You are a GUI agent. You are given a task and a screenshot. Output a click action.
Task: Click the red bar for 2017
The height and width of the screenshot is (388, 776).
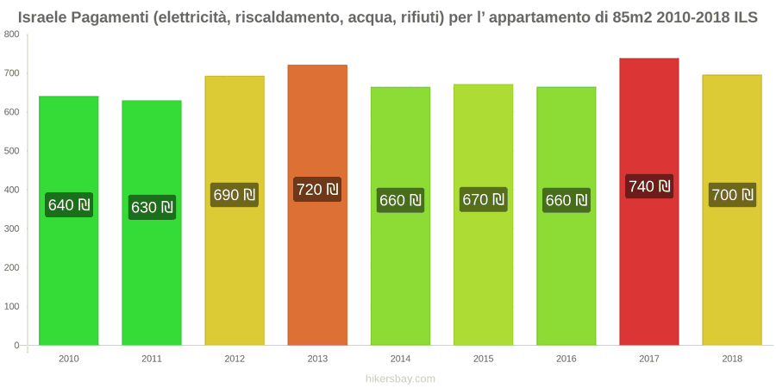click(648, 202)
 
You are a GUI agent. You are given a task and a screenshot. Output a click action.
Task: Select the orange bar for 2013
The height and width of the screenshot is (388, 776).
click(317, 205)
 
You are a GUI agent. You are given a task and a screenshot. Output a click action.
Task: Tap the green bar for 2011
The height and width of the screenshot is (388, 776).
click(152, 222)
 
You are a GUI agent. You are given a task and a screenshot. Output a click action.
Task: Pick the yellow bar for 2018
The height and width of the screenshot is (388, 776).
click(732, 210)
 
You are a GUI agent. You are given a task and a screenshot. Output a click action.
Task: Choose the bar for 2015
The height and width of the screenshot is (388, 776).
click(483, 215)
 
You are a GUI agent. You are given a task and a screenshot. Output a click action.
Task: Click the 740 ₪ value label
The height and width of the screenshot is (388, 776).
click(649, 186)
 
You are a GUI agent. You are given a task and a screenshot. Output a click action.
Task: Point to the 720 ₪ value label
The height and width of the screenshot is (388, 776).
click(317, 189)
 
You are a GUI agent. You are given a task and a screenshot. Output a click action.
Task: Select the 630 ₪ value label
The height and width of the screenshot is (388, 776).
click(152, 207)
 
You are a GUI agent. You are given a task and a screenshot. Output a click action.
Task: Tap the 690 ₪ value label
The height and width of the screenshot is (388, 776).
click(235, 195)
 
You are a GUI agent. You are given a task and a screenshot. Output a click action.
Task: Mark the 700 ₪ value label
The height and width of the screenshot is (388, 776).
click(732, 195)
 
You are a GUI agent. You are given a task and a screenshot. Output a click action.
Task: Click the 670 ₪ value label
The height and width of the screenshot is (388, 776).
click(484, 199)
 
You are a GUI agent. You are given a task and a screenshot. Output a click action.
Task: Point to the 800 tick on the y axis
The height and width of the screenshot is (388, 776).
click(12, 34)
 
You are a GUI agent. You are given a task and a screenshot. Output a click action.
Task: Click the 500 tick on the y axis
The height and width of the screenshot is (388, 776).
click(12, 151)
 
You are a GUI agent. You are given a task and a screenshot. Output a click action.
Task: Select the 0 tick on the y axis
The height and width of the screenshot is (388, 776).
click(17, 345)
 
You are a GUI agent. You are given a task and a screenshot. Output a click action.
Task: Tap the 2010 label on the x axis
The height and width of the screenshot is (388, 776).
click(69, 360)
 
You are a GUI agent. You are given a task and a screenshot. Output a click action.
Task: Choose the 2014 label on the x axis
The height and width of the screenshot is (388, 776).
click(400, 360)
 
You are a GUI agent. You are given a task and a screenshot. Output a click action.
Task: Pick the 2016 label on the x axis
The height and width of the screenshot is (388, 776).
click(566, 360)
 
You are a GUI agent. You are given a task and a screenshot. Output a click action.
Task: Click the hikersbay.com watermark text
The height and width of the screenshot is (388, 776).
click(400, 379)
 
